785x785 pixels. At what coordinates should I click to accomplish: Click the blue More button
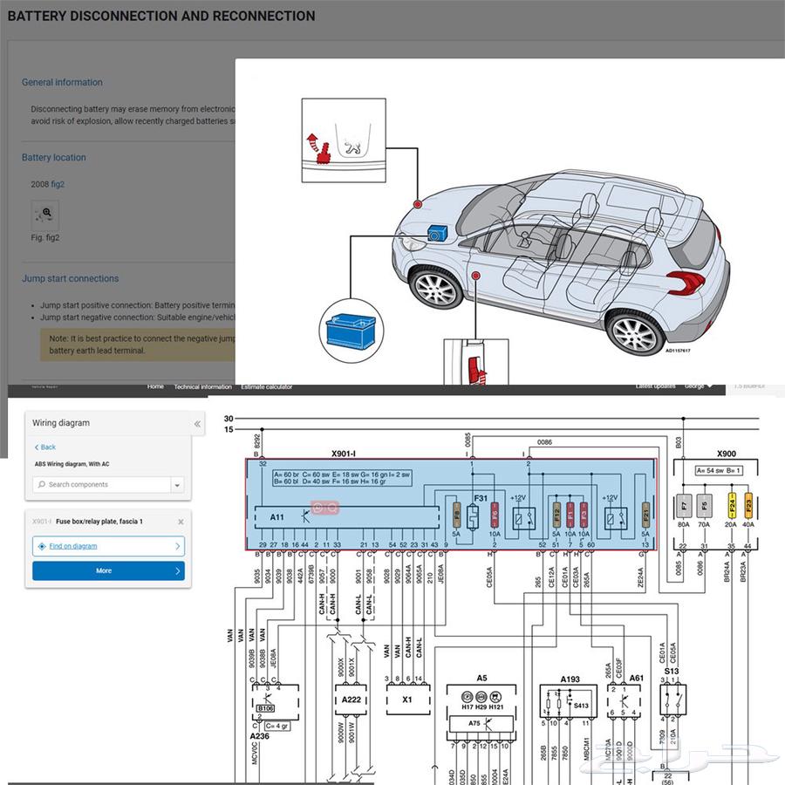tap(108, 570)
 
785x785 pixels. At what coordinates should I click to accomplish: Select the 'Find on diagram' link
tap(73, 546)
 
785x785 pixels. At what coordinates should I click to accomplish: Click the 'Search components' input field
tap(103, 484)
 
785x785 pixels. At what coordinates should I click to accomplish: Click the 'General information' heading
tap(62, 82)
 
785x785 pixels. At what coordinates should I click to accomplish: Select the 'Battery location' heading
tap(54, 158)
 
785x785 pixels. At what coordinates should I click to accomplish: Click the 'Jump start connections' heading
tap(70, 279)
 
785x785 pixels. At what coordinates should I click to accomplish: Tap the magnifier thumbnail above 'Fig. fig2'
tap(44, 213)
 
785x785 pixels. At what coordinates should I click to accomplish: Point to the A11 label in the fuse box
tap(276, 516)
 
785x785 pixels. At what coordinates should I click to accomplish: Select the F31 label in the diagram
tap(481, 498)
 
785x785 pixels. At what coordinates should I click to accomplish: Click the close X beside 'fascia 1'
tap(181, 522)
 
